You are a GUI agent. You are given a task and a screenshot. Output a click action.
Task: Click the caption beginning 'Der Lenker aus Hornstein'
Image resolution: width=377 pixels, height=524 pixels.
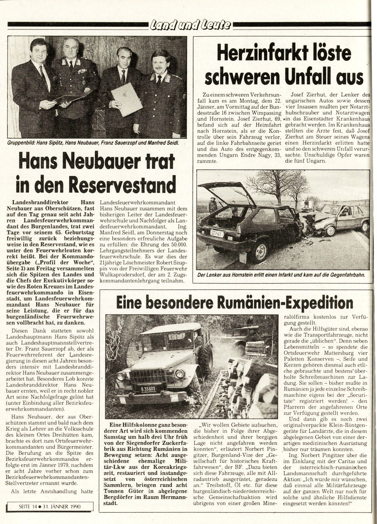(x=280, y=274)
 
